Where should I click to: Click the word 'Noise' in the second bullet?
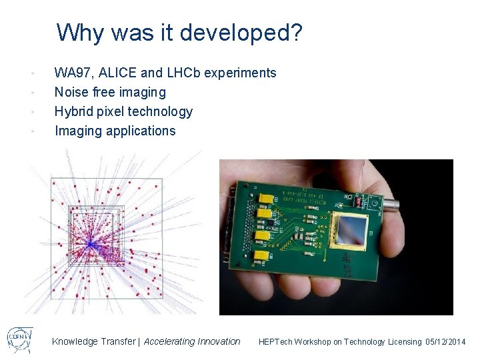70,92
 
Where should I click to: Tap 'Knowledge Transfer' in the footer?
93,341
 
